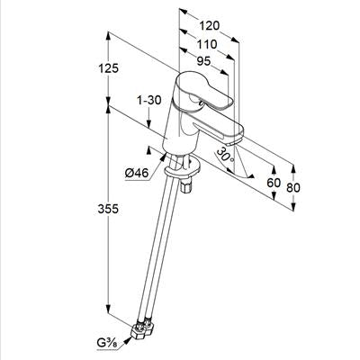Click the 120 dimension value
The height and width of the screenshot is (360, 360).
(x=210, y=26)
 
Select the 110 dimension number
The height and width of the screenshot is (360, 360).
(x=207, y=44)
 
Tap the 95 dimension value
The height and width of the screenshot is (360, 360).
(x=204, y=61)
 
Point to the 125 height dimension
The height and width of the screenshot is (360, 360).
(x=109, y=68)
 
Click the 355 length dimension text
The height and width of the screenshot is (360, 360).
(x=108, y=209)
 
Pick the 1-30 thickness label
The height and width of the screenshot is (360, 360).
(x=149, y=100)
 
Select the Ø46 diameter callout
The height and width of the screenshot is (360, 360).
(x=137, y=173)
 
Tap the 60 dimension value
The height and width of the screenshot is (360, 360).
(x=274, y=183)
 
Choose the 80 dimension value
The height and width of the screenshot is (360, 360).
(x=293, y=188)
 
